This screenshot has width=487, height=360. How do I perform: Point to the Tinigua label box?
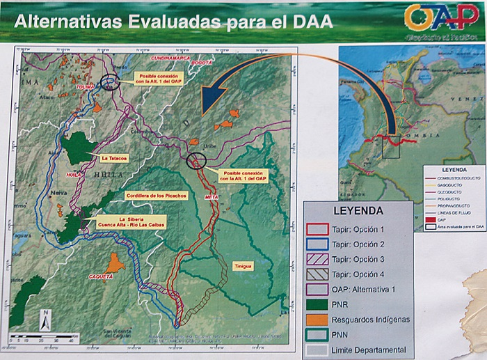coord(242,266)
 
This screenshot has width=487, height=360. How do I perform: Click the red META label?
coord(213,197)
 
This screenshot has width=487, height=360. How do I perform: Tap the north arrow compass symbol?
coord(43,320)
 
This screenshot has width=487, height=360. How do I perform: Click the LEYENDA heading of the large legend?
coord(357,209)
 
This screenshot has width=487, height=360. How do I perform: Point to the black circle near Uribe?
coord(197,162)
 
